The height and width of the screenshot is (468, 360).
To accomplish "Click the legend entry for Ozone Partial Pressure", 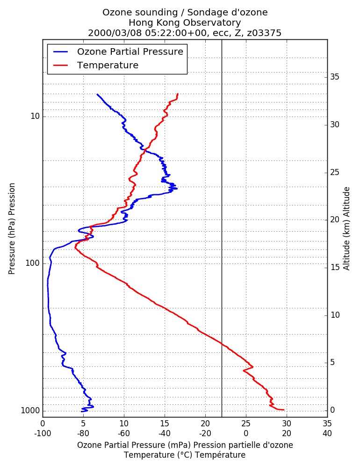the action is point(118,51).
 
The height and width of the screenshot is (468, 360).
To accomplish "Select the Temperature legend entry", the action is point(96,65).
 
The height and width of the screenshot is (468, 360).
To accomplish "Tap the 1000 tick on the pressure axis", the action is point(30,411).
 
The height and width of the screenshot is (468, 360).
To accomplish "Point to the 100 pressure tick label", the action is point(33,263).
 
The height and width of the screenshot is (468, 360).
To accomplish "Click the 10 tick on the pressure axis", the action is point(35,116).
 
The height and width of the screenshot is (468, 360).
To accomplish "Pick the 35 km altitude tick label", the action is point(335,77).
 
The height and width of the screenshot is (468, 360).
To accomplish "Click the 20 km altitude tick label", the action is point(335,219).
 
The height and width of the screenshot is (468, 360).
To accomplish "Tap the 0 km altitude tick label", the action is point(332,410).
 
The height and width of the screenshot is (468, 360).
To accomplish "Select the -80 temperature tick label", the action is point(83,433).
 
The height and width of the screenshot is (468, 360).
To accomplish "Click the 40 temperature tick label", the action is point(327,433).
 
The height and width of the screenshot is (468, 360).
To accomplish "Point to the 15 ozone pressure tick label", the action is point(165,424).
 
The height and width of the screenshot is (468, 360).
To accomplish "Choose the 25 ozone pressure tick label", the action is point(246,424).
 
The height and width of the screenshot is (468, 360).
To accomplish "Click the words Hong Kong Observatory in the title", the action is point(185,22).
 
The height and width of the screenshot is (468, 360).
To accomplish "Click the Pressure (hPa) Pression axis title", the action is point(12,229).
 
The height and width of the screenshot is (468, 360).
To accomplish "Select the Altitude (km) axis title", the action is point(346,229).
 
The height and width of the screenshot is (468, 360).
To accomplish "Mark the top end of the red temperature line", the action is point(178,94).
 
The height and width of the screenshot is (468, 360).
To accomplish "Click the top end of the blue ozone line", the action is point(97,95).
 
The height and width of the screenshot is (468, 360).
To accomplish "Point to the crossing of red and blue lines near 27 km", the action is point(144,150).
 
